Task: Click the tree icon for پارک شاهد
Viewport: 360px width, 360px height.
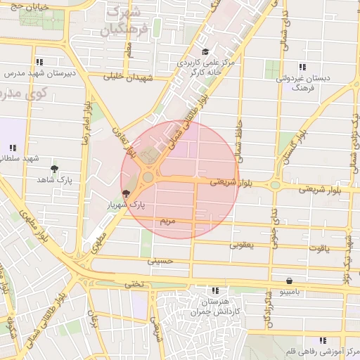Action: (55, 169)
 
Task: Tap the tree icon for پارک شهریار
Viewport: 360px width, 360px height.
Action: (126, 193)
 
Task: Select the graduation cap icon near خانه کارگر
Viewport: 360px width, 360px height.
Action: (205, 51)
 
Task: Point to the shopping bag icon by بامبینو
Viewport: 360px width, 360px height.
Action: (289, 280)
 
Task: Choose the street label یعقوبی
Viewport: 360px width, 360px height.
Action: (241, 246)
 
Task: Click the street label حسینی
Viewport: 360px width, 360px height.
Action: (159, 261)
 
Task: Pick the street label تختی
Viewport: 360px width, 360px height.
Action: (134, 284)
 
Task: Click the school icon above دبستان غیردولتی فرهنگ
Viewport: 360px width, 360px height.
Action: (302, 67)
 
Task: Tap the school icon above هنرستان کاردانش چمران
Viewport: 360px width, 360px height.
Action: (214, 290)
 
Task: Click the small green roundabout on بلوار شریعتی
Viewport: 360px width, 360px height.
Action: (274, 186)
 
